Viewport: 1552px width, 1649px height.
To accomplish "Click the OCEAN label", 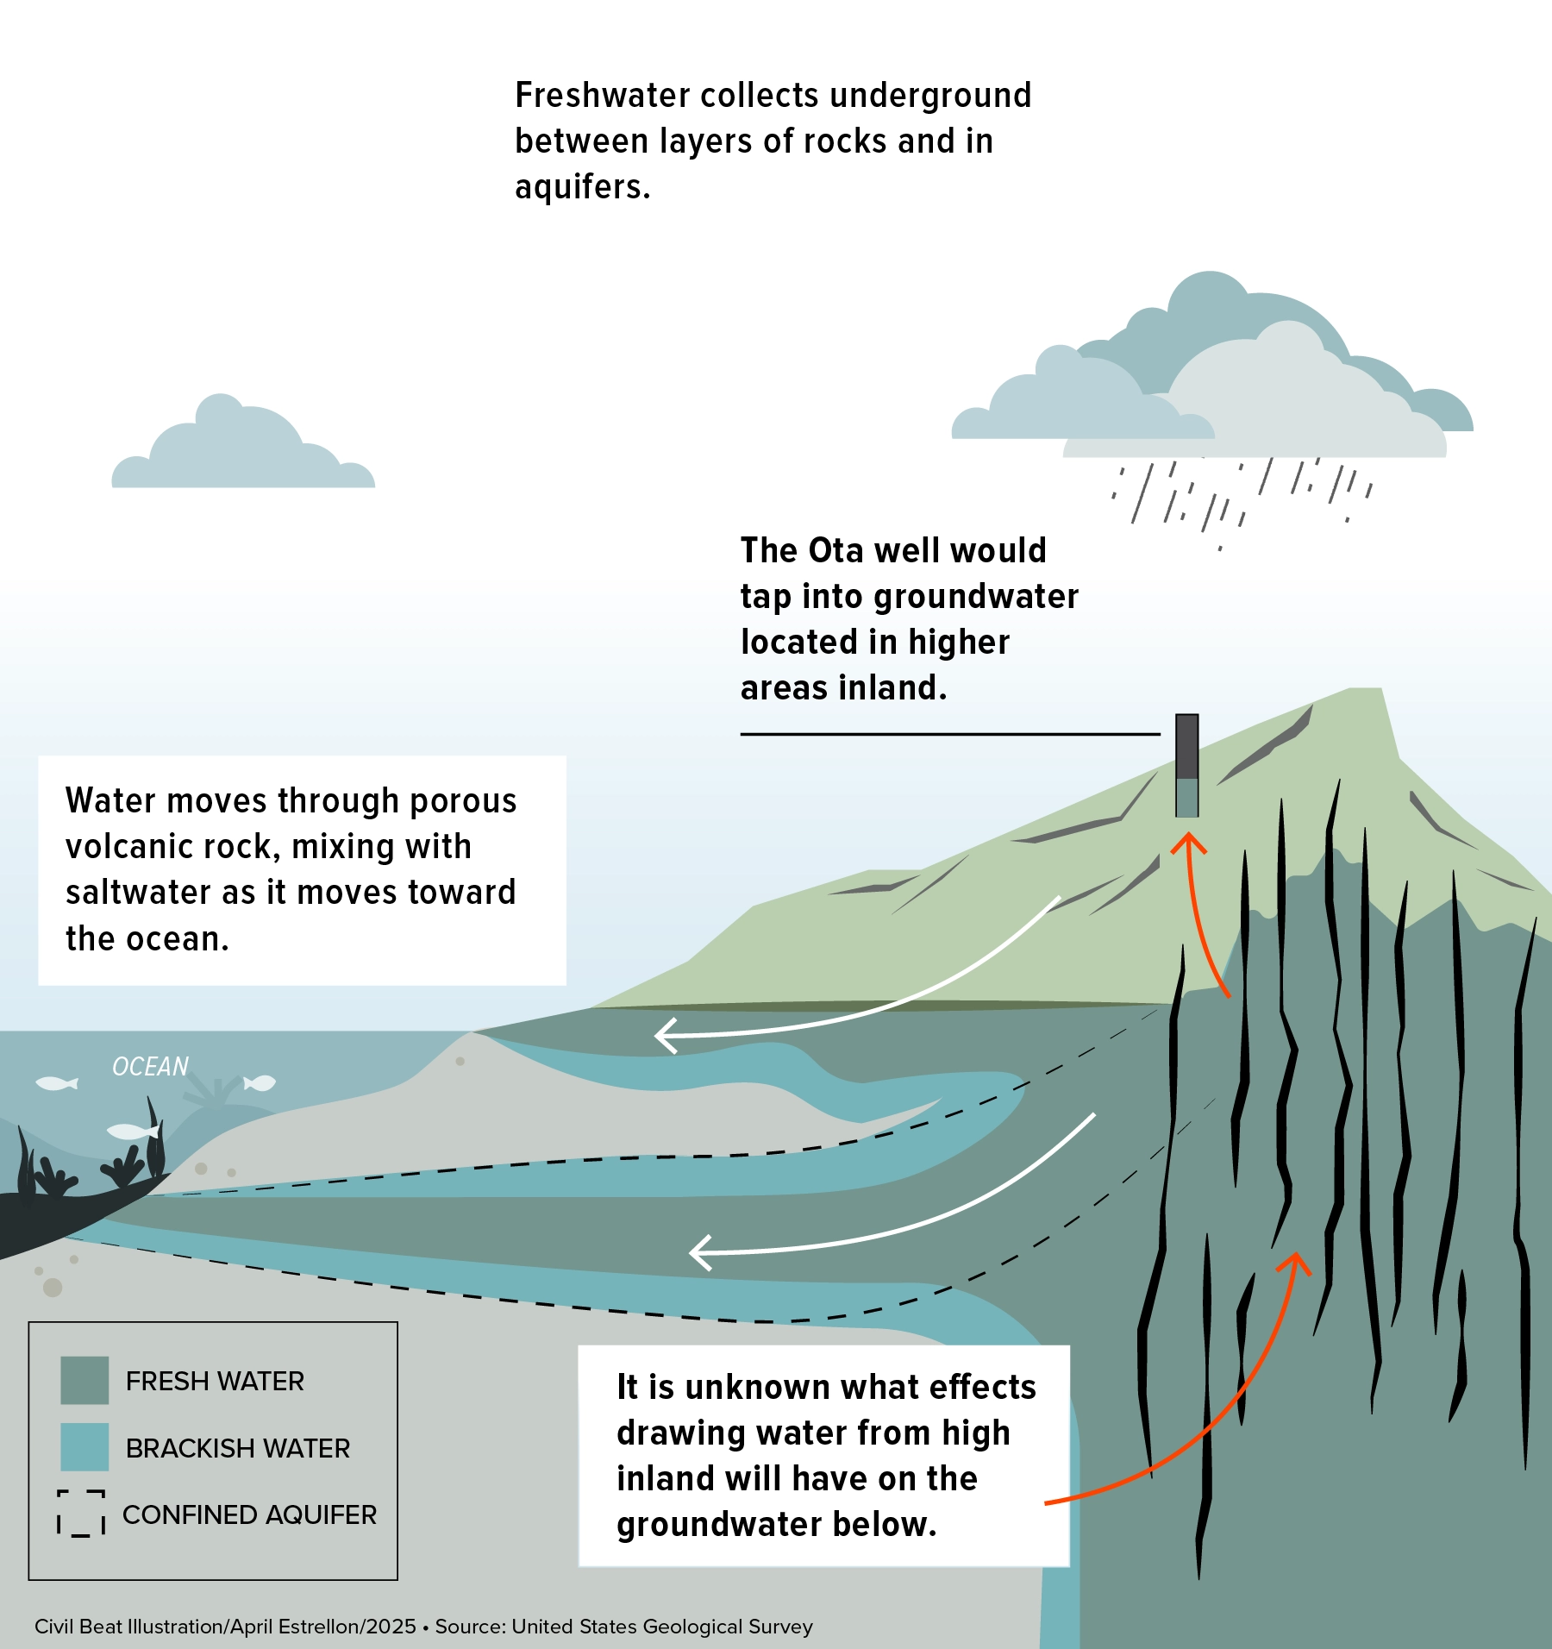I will [150, 1067].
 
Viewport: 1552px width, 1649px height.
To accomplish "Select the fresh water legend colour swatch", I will [84, 1380].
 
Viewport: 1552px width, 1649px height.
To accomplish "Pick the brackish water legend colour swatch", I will [84, 1446].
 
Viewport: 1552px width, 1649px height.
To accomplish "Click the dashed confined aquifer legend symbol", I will [81, 1513].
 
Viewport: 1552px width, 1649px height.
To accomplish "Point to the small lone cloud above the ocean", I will [242, 448].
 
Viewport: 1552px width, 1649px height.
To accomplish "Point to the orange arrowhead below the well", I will [1188, 841].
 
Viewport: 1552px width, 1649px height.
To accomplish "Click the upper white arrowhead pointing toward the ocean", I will [665, 1035].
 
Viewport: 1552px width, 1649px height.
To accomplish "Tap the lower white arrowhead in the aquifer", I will [700, 1252].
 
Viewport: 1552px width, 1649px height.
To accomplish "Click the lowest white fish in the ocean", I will [132, 1131].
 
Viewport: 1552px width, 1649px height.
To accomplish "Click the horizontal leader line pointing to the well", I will [949, 734].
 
